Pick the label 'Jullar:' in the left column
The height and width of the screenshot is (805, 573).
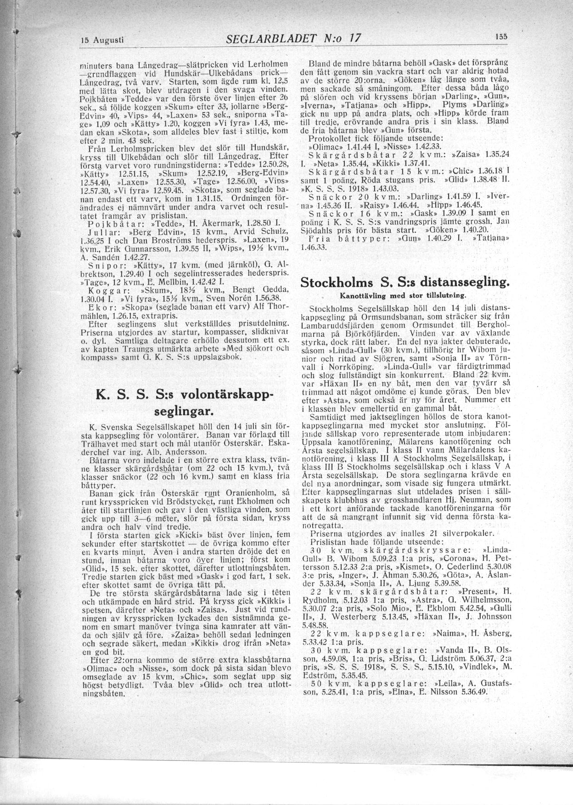[102, 231]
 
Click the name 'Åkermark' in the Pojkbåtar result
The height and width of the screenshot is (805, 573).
[214, 224]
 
